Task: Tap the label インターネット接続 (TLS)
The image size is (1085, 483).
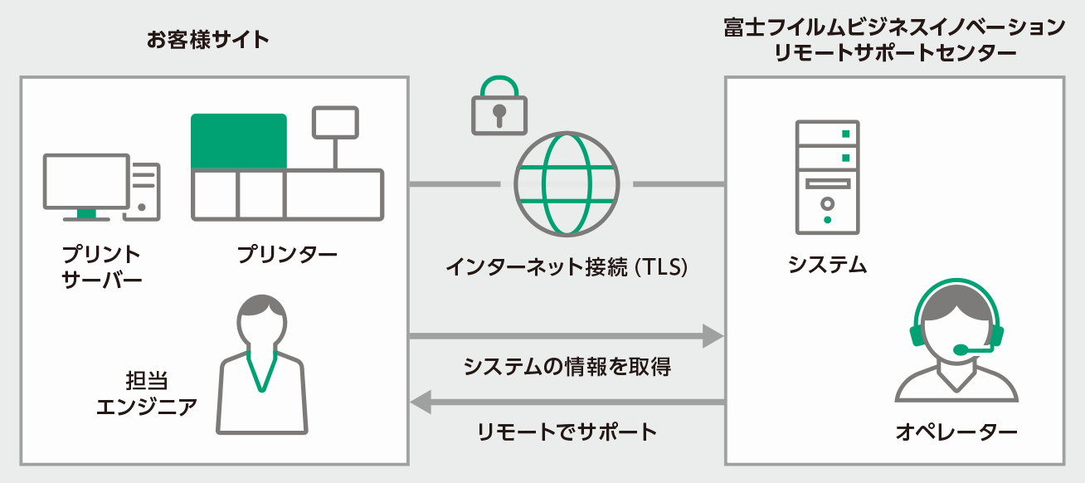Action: (567, 268)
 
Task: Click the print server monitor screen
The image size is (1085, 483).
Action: (86, 182)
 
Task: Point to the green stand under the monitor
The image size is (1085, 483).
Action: (86, 214)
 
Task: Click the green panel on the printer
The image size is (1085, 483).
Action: (239, 142)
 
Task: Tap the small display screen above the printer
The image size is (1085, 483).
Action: (335, 122)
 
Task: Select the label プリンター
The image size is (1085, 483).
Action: (287, 254)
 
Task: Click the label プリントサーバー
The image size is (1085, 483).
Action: (102, 266)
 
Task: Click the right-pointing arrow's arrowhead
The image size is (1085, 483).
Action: (713, 336)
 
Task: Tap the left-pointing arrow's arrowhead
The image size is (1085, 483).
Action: (421, 402)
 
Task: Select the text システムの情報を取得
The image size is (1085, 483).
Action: (567, 366)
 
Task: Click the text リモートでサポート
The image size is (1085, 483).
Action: (567, 432)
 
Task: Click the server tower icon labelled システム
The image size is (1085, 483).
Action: (827, 176)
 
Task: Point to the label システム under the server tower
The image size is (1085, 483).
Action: (827, 265)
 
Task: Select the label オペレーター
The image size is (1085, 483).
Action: (956, 432)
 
